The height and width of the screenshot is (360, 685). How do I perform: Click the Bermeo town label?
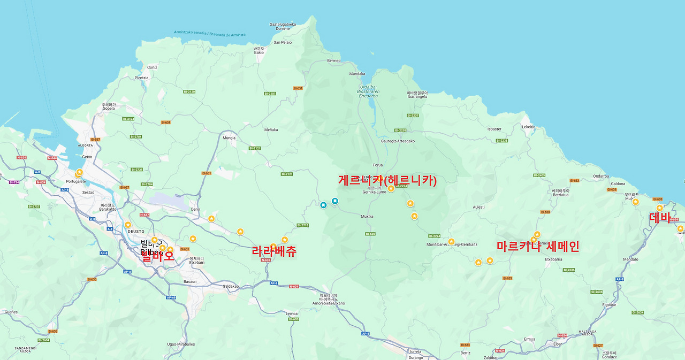click(x=333, y=60)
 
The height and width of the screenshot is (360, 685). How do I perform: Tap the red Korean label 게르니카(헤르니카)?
click(x=387, y=181)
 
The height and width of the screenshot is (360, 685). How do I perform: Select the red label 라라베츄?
click(x=273, y=251)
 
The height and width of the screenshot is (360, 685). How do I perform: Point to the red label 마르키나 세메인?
click(x=537, y=247)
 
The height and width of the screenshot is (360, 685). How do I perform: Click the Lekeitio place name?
click(x=528, y=127)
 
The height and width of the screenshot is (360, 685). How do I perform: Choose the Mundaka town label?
click(x=357, y=74)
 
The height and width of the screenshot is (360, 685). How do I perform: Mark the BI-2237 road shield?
click(x=413, y=116)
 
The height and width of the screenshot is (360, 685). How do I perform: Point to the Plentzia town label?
click(x=142, y=78)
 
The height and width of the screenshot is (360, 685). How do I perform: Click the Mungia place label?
click(x=229, y=138)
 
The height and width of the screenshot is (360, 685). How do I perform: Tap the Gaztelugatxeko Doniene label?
click(x=283, y=26)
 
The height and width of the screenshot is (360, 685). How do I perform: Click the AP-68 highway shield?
click(x=170, y=297)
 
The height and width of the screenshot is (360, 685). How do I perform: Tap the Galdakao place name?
click(x=231, y=286)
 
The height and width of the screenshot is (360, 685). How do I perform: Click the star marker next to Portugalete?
click(x=79, y=172)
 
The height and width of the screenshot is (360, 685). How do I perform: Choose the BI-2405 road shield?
click(x=539, y=175)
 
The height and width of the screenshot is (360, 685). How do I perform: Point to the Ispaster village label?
click(x=494, y=129)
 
